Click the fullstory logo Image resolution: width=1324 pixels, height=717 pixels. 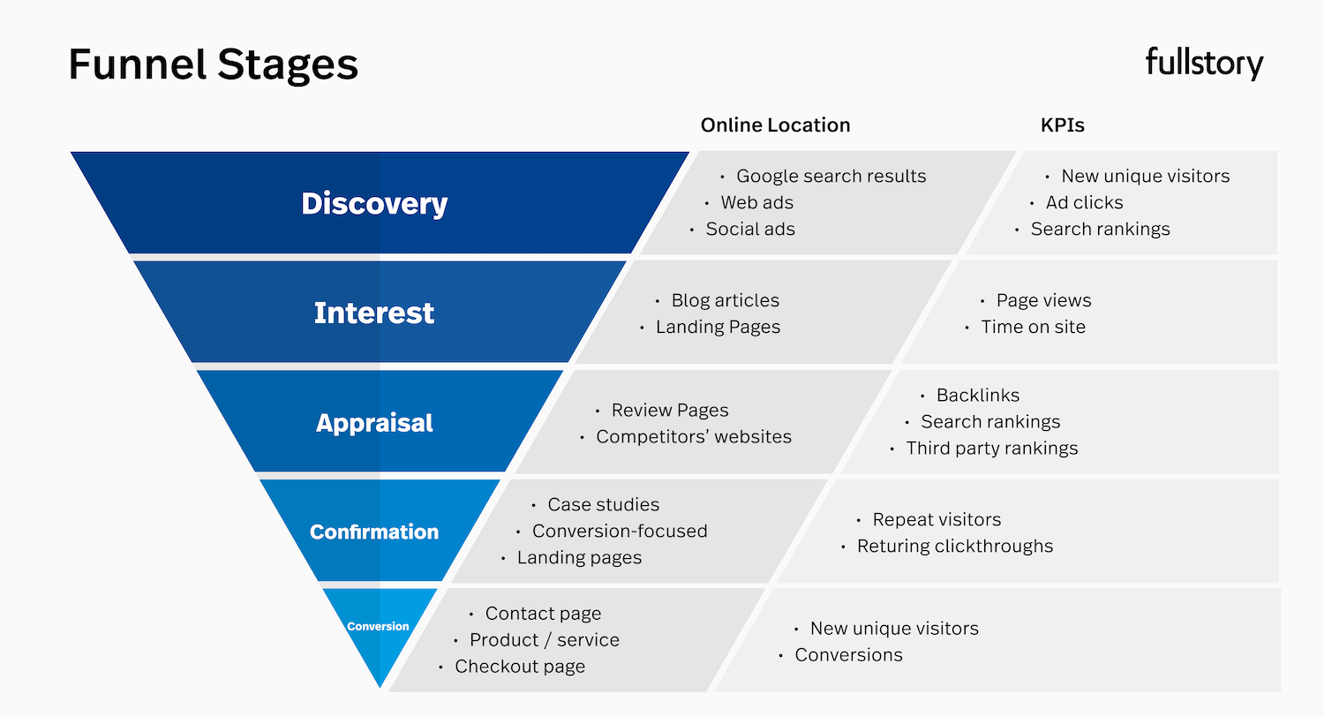pyautogui.click(x=1204, y=64)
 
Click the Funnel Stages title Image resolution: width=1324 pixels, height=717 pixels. pyautogui.click(x=214, y=64)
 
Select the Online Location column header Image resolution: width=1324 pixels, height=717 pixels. pyautogui.click(x=775, y=125)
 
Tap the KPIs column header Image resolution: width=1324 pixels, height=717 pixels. pyautogui.click(x=1062, y=125)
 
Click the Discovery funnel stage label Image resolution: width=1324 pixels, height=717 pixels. pyautogui.click(x=374, y=204)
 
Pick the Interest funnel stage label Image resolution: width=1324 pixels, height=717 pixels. pyautogui.click(x=374, y=313)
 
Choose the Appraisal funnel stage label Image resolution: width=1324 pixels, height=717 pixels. pyautogui.click(x=374, y=423)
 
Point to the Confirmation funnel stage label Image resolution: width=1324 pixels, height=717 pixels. pyautogui.click(x=374, y=532)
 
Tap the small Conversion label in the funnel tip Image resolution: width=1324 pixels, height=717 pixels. pyautogui.click(x=378, y=626)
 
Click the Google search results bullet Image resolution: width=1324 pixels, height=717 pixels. pyautogui.click(x=831, y=176)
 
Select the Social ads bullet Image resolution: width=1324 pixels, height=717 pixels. pyautogui.click(x=749, y=229)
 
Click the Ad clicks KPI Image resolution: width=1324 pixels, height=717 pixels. pyautogui.click(x=1084, y=202)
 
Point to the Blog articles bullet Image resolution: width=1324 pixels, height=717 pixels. pyautogui.click(x=725, y=300)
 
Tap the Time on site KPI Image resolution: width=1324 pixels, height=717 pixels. pyautogui.click(x=1033, y=327)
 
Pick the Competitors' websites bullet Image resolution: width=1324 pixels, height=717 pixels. pyautogui.click(x=693, y=436)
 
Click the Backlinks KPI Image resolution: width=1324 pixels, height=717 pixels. pyautogui.click(x=977, y=395)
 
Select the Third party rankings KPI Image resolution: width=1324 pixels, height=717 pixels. pyautogui.click(x=991, y=448)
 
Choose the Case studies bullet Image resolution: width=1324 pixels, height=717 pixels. pyautogui.click(x=603, y=504)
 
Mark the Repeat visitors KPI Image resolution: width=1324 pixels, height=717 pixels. pyautogui.click(x=936, y=519)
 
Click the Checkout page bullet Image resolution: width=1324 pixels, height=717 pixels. pyautogui.click(x=519, y=667)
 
